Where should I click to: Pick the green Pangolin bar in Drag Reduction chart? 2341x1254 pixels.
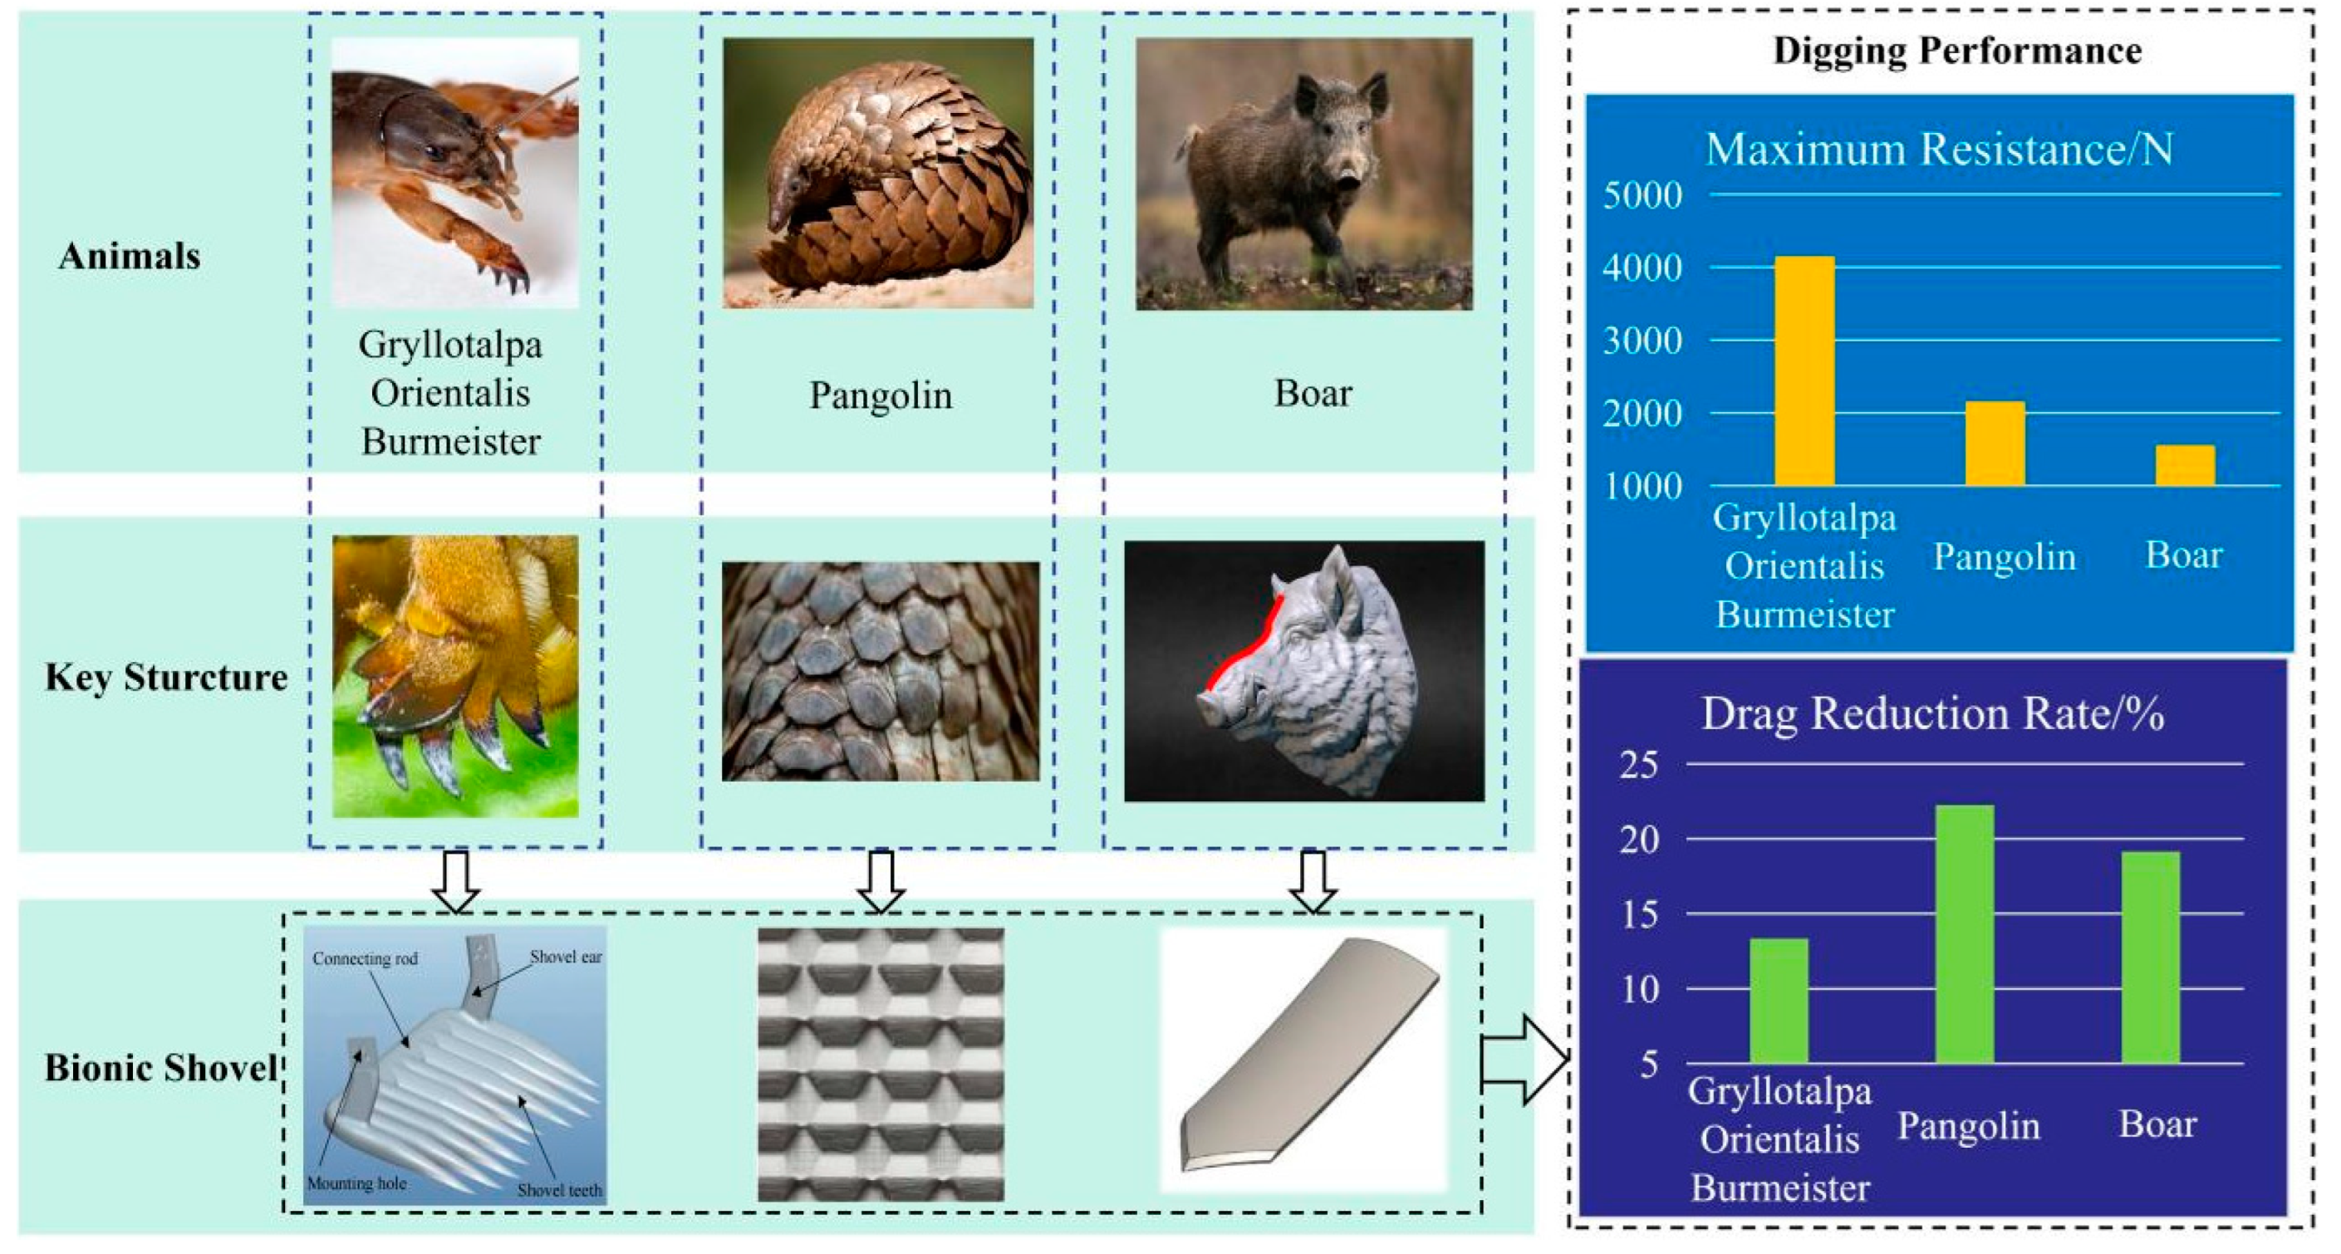click(x=1964, y=933)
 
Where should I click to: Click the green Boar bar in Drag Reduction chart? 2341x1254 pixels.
click(x=2150, y=957)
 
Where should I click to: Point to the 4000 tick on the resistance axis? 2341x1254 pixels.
click(x=1642, y=268)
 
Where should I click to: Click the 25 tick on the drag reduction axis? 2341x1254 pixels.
click(x=1638, y=765)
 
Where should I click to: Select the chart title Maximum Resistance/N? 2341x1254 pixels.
click(x=1938, y=149)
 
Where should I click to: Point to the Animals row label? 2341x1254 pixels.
click(x=129, y=257)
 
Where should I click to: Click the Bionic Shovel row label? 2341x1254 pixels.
click(x=161, y=1068)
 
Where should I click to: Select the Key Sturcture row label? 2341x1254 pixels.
click(x=166, y=678)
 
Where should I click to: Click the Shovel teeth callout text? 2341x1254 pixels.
click(x=559, y=1190)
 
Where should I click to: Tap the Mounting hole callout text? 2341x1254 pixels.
click(x=356, y=1183)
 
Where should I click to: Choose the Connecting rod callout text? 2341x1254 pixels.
click(x=365, y=958)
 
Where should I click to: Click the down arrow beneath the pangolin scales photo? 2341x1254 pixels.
click(x=881, y=880)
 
